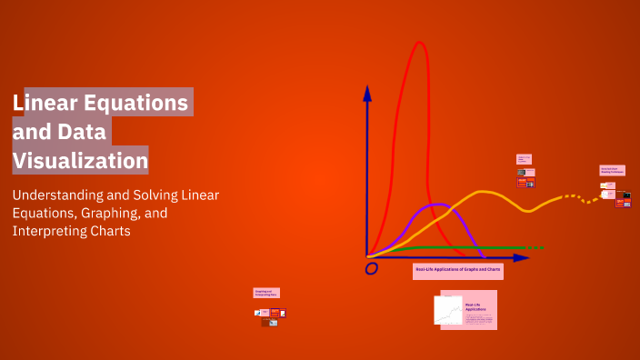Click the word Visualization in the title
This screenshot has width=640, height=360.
click(x=80, y=161)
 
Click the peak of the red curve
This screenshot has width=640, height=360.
click(x=419, y=44)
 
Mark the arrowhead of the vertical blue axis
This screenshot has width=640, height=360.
click(x=367, y=92)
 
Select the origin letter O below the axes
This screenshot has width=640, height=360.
click(x=371, y=269)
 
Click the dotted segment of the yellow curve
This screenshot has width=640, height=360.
click(x=577, y=197)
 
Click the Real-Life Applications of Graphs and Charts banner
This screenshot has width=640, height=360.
click(x=458, y=270)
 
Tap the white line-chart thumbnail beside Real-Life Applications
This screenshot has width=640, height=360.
click(x=450, y=311)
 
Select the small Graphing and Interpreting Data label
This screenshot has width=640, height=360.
click(x=266, y=293)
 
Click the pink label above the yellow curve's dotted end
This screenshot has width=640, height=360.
click(x=609, y=169)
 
